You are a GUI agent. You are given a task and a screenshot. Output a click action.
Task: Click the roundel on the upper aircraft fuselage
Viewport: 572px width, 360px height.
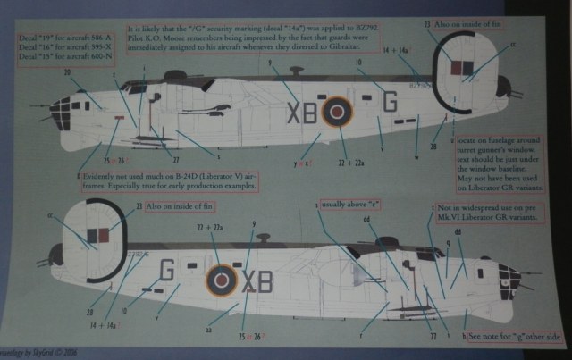tap(337, 112)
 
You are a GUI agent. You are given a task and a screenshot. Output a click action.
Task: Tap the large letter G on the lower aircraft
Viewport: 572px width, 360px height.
tap(165, 271)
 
